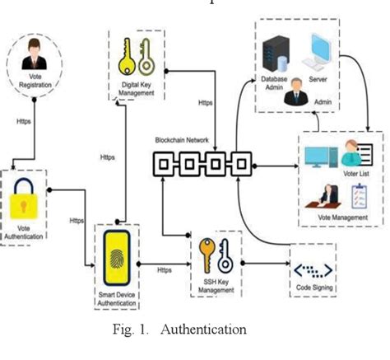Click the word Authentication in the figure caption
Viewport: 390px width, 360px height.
(x=204, y=330)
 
